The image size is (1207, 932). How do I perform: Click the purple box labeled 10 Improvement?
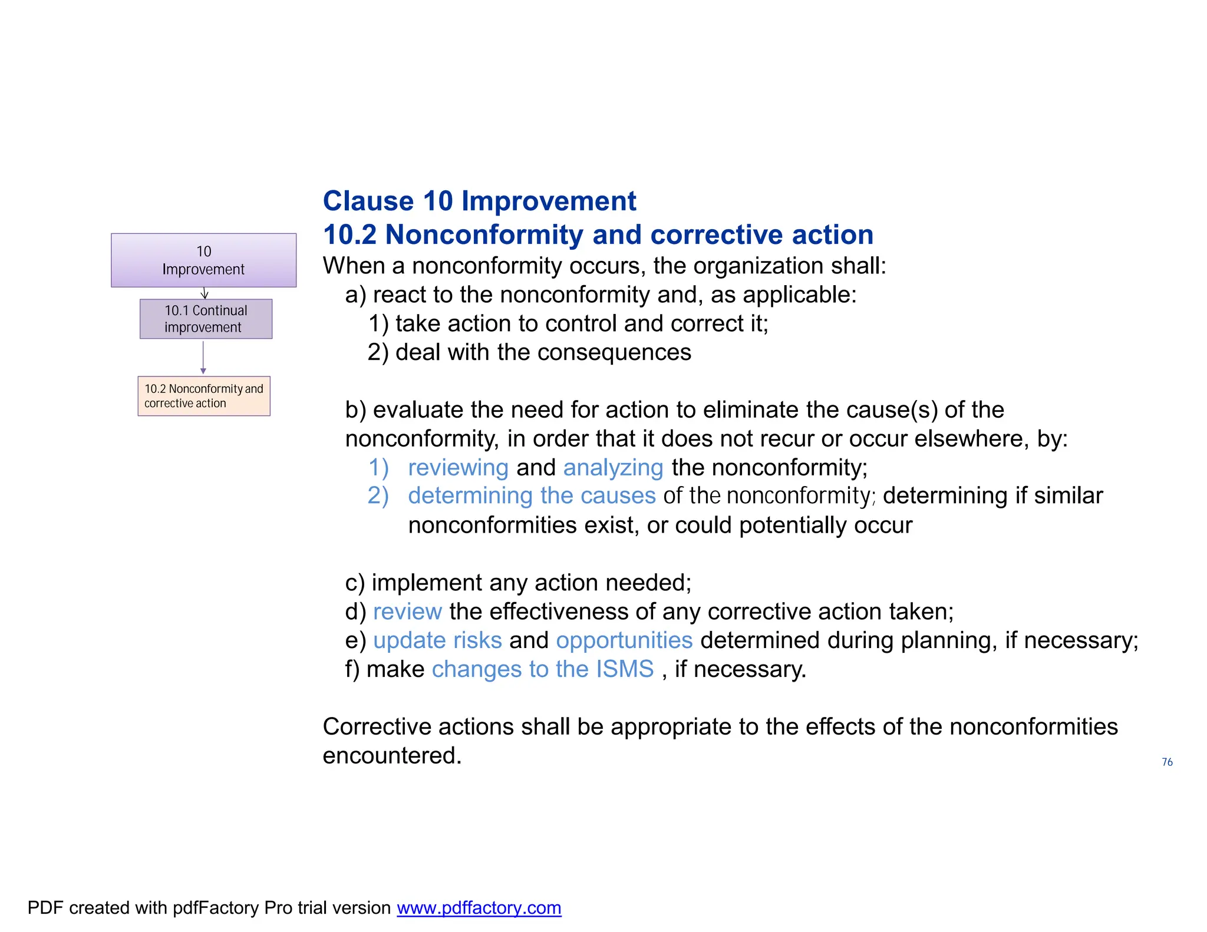point(203,260)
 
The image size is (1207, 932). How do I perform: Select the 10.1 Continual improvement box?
point(206,319)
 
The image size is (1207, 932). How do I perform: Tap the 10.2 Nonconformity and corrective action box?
point(204,396)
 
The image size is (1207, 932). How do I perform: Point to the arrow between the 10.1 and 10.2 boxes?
point(203,357)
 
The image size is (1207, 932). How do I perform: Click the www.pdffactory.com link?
point(479,907)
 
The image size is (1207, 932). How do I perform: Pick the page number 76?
point(1167,762)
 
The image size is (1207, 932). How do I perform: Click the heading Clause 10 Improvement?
point(479,201)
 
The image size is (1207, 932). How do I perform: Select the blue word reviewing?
point(458,467)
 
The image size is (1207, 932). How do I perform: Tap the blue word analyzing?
point(613,467)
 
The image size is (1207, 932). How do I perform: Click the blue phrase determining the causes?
point(532,495)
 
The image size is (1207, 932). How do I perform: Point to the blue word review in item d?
point(407,612)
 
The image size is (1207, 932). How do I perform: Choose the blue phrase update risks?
point(437,640)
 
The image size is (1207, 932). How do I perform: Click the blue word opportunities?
point(624,640)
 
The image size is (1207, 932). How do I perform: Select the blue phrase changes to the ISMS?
point(543,669)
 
